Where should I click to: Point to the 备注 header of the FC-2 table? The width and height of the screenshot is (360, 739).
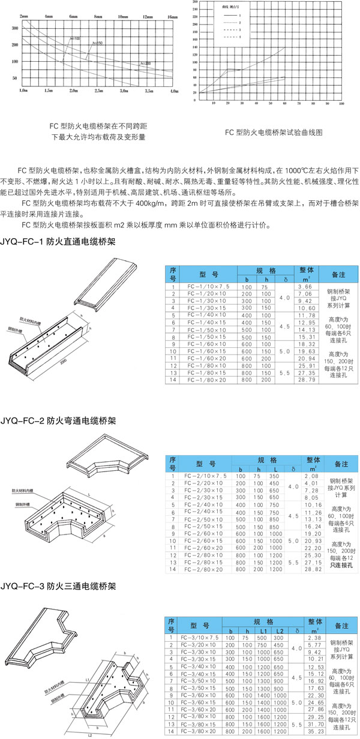click(340, 464)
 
